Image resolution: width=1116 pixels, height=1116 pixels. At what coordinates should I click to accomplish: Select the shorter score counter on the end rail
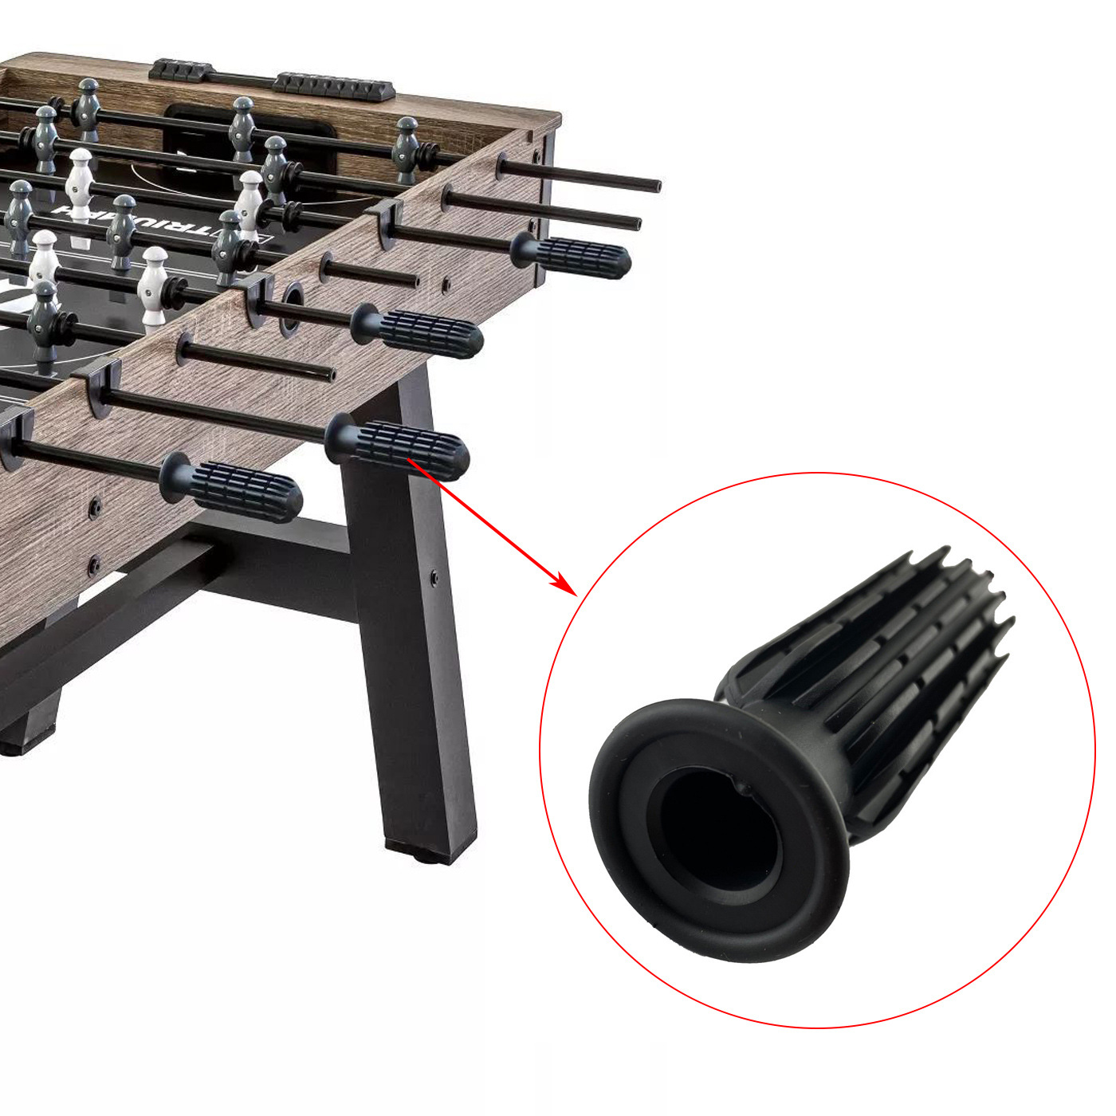coord(181,70)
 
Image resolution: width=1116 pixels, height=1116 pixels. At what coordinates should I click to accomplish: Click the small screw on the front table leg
coord(434,576)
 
